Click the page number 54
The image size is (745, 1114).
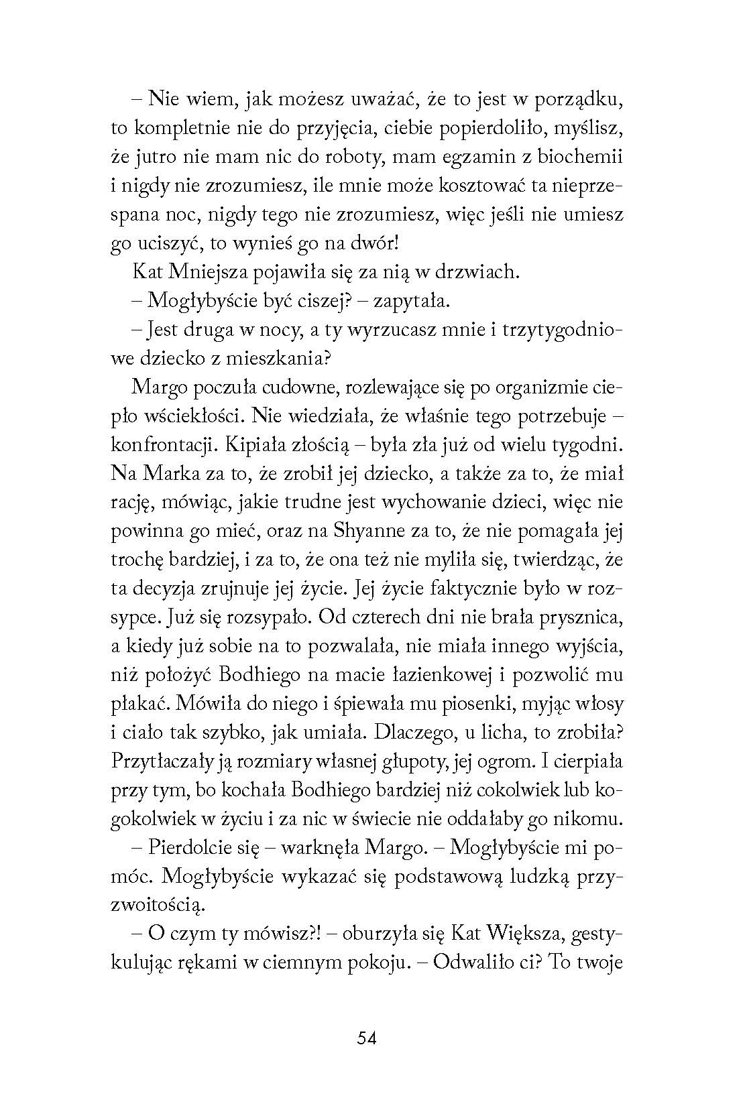click(x=367, y=1038)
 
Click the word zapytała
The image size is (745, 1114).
click(x=410, y=301)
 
